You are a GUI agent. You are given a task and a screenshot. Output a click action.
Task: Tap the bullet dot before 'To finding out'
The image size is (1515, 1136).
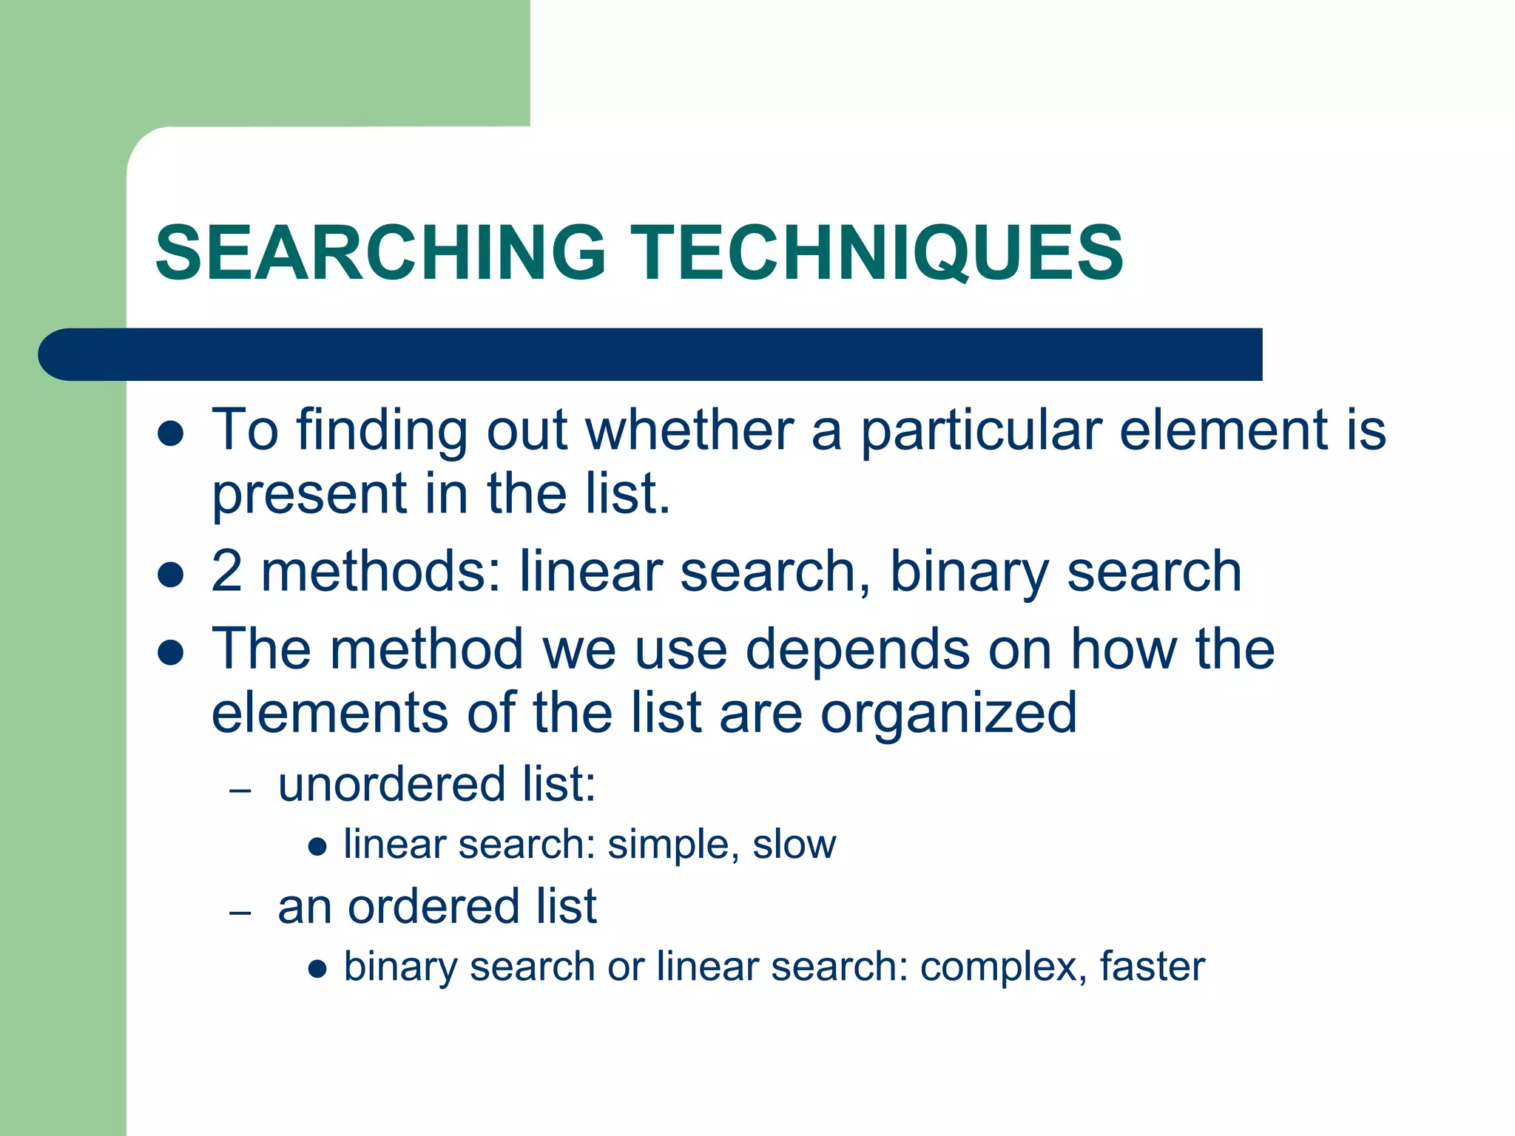(x=171, y=433)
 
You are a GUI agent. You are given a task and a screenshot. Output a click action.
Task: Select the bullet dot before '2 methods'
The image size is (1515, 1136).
(x=171, y=575)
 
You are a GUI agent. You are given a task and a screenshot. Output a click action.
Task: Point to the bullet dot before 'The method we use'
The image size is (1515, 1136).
(x=171, y=652)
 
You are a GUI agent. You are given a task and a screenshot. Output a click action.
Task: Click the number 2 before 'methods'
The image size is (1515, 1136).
(x=226, y=571)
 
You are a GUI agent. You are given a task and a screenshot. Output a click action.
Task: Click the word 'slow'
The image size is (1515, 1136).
(x=794, y=844)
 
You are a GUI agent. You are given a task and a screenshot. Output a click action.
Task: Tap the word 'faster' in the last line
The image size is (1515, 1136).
(x=1152, y=966)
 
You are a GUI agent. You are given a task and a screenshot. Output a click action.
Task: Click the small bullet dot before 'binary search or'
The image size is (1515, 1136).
(x=317, y=970)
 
